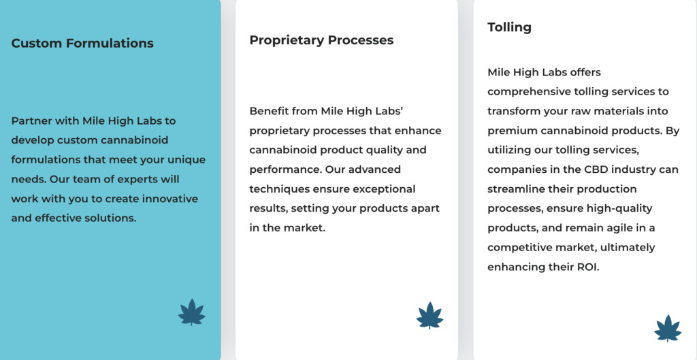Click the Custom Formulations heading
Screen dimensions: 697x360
coord(82,44)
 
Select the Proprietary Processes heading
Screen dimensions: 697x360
coord(321,40)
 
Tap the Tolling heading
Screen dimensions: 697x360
coord(509,27)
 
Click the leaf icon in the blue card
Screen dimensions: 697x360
coord(191,312)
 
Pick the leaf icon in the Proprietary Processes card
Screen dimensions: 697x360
coord(430,315)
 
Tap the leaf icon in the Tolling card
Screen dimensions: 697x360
coord(668,328)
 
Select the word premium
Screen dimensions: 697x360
coord(509,131)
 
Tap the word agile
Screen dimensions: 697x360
coord(626,229)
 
